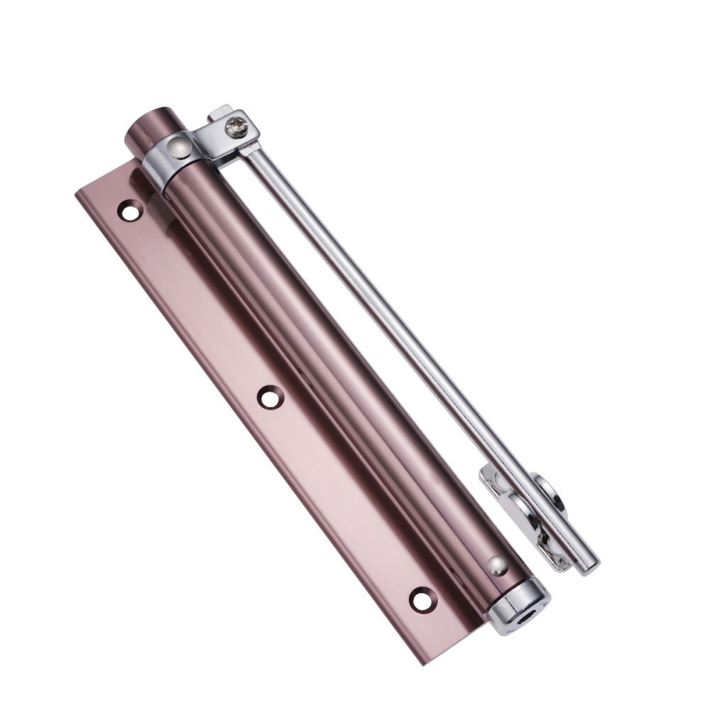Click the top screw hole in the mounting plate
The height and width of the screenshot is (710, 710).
pos(129,210)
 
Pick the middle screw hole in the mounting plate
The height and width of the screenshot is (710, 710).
pos(268,397)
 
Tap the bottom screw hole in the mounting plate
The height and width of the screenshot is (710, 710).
pos(421,598)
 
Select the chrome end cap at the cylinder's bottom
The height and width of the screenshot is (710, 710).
pos(518,599)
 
